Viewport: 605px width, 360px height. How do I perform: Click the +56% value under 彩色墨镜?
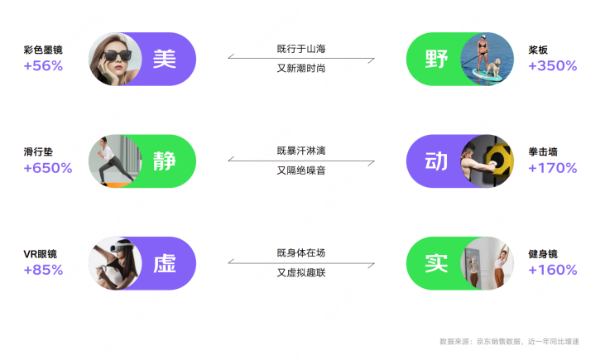[x=43, y=65]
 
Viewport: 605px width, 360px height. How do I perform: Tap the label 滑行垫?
[x=39, y=152]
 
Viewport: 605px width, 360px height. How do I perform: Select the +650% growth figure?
[x=48, y=168]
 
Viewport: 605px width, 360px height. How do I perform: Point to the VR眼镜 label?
[x=40, y=254]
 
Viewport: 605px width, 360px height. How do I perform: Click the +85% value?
[x=43, y=270]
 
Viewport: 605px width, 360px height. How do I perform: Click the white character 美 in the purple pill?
[x=165, y=59]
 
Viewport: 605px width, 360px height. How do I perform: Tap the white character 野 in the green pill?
[x=436, y=59]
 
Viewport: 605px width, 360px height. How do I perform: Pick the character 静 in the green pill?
[x=165, y=161]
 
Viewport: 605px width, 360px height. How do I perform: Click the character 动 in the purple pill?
[x=436, y=161]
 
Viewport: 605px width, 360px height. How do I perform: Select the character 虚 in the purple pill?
[x=165, y=264]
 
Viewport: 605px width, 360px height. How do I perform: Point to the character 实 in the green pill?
[x=436, y=264]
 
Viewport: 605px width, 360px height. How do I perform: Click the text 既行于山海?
[x=301, y=50]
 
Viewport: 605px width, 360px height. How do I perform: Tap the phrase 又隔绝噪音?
[x=301, y=170]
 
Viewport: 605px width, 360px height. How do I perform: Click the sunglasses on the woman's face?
[x=112, y=57]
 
